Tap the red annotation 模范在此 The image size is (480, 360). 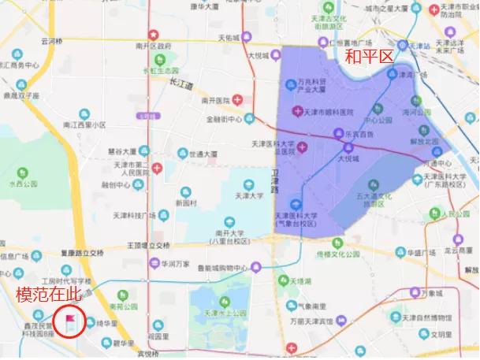(50, 294)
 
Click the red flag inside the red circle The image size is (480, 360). (70, 321)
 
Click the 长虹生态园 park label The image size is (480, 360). (160, 70)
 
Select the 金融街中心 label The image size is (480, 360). (224, 120)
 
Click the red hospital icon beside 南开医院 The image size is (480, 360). (237, 100)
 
